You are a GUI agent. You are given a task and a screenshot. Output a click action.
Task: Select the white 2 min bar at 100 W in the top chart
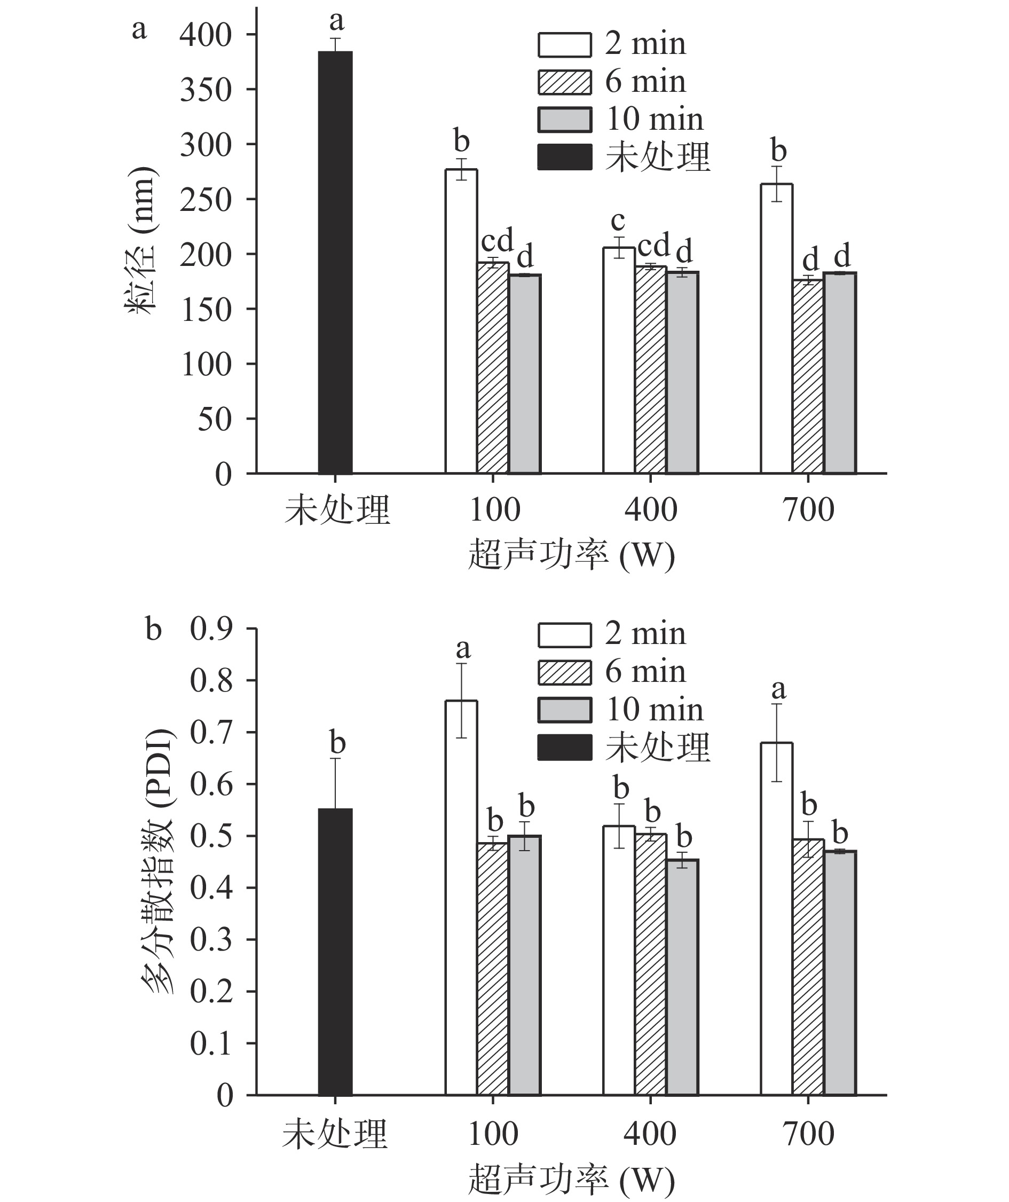click(461, 321)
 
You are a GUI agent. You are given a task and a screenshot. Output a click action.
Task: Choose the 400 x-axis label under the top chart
click(651, 509)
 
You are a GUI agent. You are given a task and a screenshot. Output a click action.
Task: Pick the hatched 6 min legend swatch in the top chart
click(564, 82)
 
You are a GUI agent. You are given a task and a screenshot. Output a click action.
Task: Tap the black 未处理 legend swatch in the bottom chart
click(564, 748)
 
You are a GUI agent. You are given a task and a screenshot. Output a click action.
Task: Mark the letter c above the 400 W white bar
click(618, 220)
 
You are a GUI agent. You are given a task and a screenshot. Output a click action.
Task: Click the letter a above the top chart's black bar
click(336, 21)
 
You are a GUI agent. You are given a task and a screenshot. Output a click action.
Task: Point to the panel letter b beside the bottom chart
click(153, 629)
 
